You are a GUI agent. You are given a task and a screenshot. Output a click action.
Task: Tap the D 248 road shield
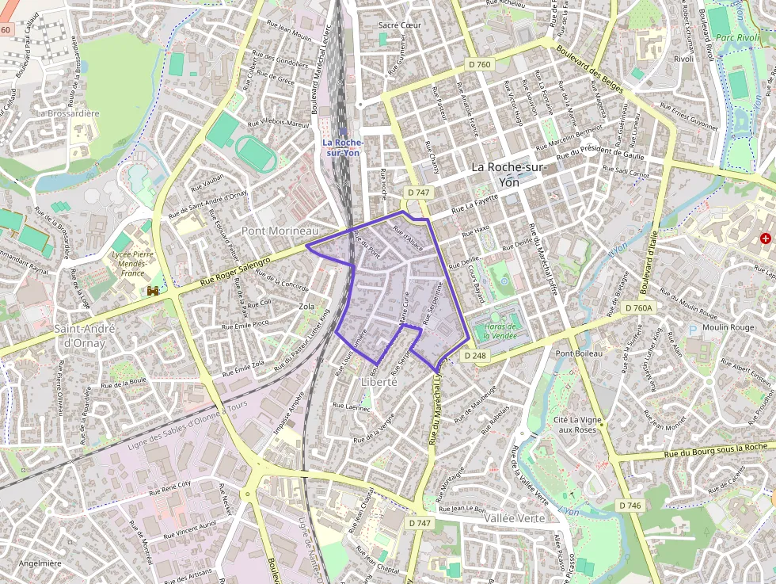tap(476, 356)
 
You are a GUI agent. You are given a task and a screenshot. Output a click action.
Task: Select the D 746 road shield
tap(630, 506)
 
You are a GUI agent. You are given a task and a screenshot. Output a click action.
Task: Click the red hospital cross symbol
tap(765, 238)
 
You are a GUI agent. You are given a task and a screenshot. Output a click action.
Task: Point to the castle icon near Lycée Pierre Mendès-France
tap(153, 292)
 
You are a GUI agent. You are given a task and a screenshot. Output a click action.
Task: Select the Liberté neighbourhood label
tap(378, 381)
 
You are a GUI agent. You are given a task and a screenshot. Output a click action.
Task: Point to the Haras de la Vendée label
tap(500, 330)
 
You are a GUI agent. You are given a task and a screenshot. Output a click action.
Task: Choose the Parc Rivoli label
tap(737, 36)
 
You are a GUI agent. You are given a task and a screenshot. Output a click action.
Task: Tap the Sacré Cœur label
tap(400, 25)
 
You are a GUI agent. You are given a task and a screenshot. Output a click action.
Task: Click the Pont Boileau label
tap(579, 353)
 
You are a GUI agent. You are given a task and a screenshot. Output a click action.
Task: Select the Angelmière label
tap(40, 563)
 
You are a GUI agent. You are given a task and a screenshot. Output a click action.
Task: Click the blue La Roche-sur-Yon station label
tap(343, 147)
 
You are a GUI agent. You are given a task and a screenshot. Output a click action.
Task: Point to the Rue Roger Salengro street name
tap(234, 271)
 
